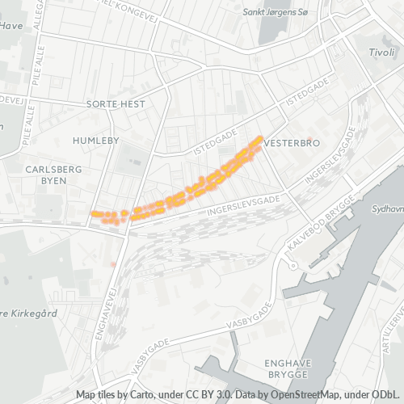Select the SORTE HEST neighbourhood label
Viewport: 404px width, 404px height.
(116, 104)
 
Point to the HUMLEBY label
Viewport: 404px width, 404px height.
(96, 141)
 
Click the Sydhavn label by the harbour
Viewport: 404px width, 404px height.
(386, 208)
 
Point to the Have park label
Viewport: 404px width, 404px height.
(11, 25)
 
